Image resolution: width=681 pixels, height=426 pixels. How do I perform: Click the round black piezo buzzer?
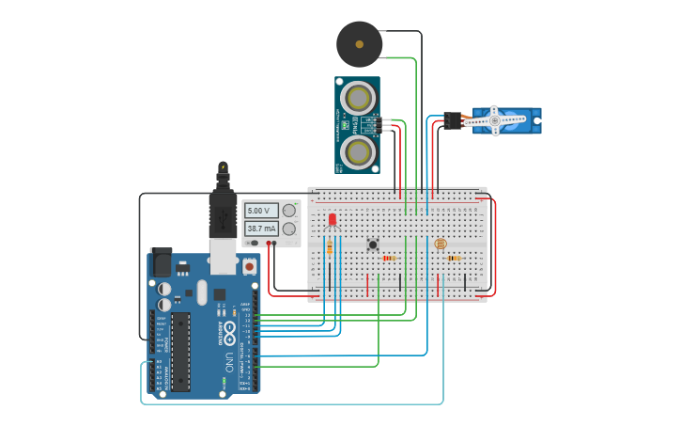pyautogui.click(x=359, y=43)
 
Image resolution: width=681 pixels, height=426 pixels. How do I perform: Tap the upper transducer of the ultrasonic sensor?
pyautogui.click(x=358, y=97)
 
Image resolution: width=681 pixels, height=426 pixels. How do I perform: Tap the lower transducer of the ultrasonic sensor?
pyautogui.click(x=358, y=150)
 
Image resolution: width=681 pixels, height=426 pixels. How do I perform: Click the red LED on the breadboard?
pyautogui.click(x=332, y=219)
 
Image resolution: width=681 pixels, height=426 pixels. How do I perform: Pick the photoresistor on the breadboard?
pyautogui.click(x=440, y=244)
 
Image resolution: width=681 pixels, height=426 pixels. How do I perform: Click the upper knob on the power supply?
pyautogui.click(x=289, y=211)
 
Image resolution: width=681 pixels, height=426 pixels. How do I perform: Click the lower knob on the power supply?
pyautogui.click(x=289, y=229)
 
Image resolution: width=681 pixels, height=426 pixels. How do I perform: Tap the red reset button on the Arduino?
pyautogui.click(x=249, y=266)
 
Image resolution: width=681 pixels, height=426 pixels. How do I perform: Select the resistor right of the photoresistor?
pyautogui.click(x=455, y=258)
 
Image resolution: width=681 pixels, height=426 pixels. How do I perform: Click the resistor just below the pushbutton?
pyautogui.click(x=389, y=258)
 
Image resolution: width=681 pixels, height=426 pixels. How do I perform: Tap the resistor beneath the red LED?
pyautogui.click(x=329, y=246)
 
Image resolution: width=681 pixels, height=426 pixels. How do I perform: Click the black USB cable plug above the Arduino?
pyautogui.click(x=223, y=216)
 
